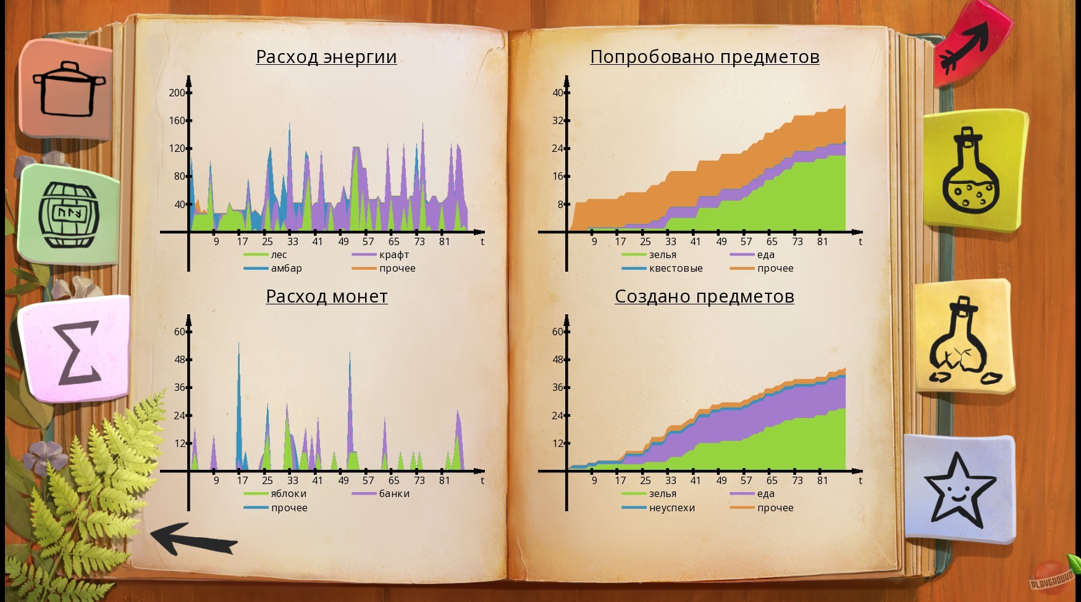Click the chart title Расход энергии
point(326,57)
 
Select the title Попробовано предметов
point(704,57)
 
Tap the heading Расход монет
point(326,296)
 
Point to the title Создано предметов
point(704,296)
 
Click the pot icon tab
point(68,90)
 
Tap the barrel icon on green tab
point(69,214)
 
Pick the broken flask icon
point(964,343)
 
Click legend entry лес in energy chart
point(279,255)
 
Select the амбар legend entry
point(286,269)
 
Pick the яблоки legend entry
point(288,494)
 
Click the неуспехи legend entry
point(671,508)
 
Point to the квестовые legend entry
point(675,269)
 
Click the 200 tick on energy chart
point(177,93)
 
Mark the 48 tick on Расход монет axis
point(180,359)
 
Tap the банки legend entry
point(394,494)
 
